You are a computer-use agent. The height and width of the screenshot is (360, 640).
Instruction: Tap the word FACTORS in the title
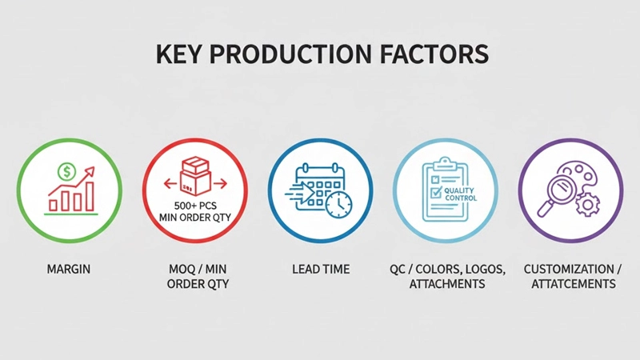click(435, 54)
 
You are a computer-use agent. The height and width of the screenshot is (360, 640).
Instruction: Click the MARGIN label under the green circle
click(69, 270)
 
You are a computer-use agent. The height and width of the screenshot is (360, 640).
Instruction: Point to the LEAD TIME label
click(321, 270)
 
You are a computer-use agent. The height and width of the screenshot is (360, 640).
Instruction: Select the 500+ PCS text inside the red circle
click(195, 205)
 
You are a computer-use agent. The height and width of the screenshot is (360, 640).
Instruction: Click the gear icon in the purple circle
click(588, 205)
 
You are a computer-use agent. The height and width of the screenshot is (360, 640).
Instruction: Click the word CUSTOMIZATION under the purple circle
click(566, 270)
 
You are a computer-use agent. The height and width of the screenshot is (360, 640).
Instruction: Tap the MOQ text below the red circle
click(172, 270)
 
